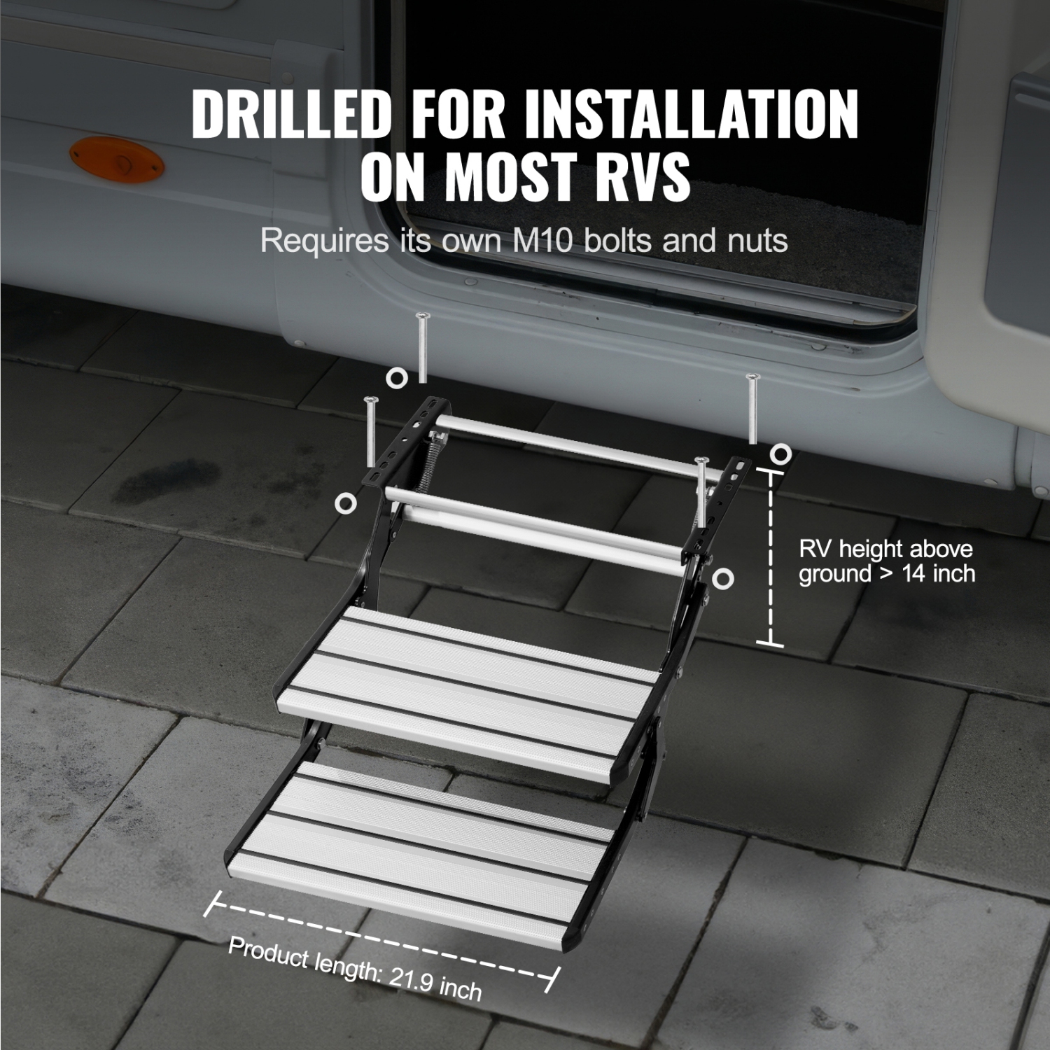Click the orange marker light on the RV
pyautogui.click(x=116, y=160)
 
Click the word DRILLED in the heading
pyautogui.click(x=290, y=114)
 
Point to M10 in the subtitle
pyautogui.click(x=543, y=241)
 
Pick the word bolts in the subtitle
pyautogui.click(x=619, y=241)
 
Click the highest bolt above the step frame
pyautogui.click(x=421, y=347)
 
